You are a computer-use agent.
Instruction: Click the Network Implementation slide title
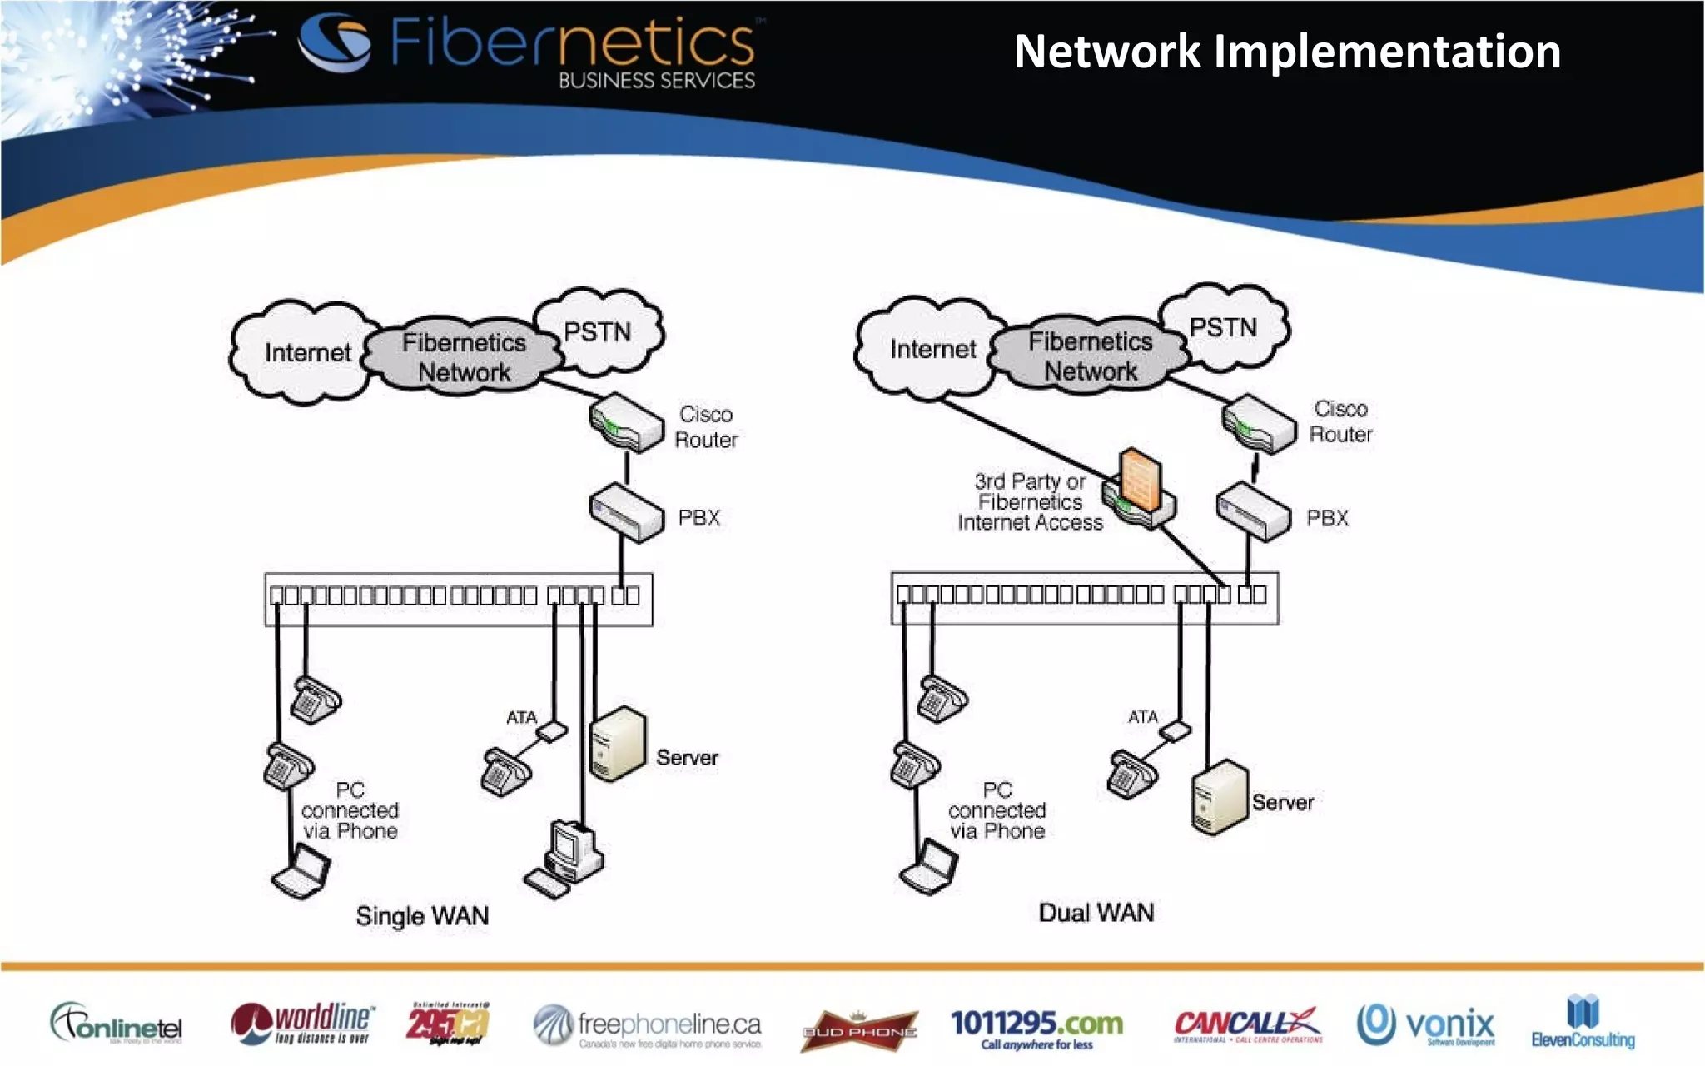coord(1286,52)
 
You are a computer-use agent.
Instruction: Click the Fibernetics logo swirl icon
coord(335,42)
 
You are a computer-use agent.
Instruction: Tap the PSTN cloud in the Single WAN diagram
coord(598,331)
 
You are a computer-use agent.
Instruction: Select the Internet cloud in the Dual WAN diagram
coord(931,349)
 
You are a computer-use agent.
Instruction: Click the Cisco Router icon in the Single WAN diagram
coord(626,423)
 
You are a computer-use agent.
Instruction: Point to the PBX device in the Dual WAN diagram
coord(1253,513)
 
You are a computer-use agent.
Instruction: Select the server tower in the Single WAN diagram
coord(618,744)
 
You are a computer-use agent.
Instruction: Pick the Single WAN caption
coord(422,916)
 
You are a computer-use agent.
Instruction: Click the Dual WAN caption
coord(1096,913)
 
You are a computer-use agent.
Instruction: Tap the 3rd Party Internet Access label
coord(1030,502)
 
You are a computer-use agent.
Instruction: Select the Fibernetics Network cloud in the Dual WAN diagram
coord(1090,356)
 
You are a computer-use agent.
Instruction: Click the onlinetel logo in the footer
coord(117,1024)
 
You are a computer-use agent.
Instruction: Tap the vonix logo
coord(1426,1024)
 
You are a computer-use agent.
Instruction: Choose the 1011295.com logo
coord(1036,1028)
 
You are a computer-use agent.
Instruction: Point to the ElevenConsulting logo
coord(1583,1022)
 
